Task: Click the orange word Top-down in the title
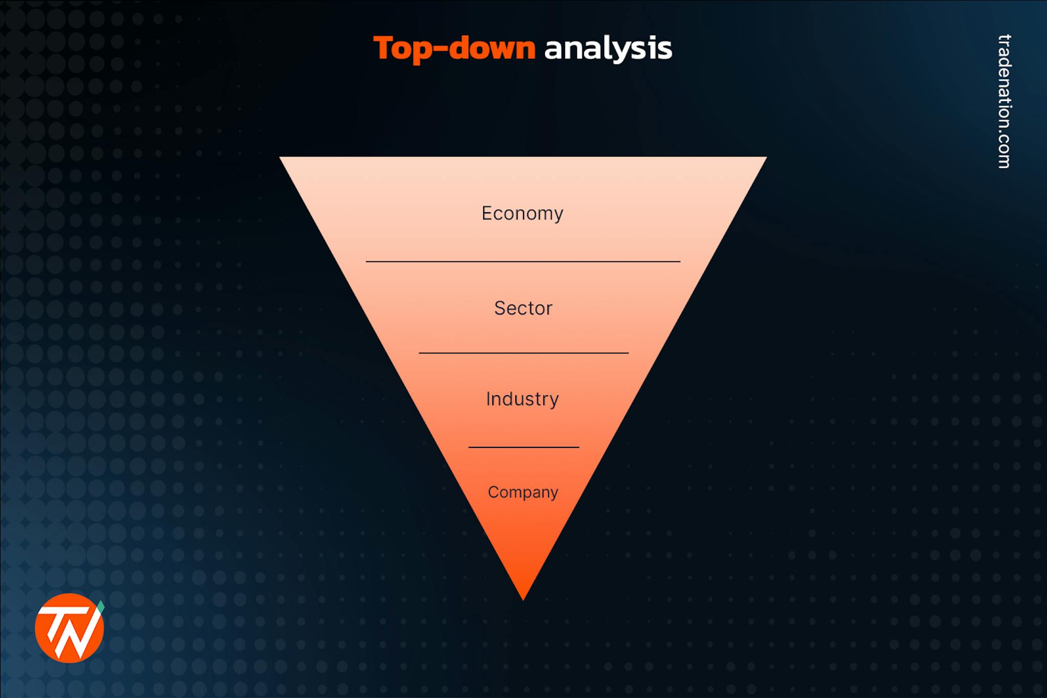[x=454, y=49]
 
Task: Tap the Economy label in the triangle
[x=522, y=213]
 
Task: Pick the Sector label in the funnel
[x=523, y=308]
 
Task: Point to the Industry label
[x=522, y=399]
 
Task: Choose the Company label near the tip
[x=522, y=492]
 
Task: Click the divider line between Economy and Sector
[x=522, y=261]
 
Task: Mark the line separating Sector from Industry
[x=523, y=353]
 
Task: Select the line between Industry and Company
[x=523, y=447]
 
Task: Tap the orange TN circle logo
[x=69, y=628]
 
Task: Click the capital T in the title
[x=384, y=48]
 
